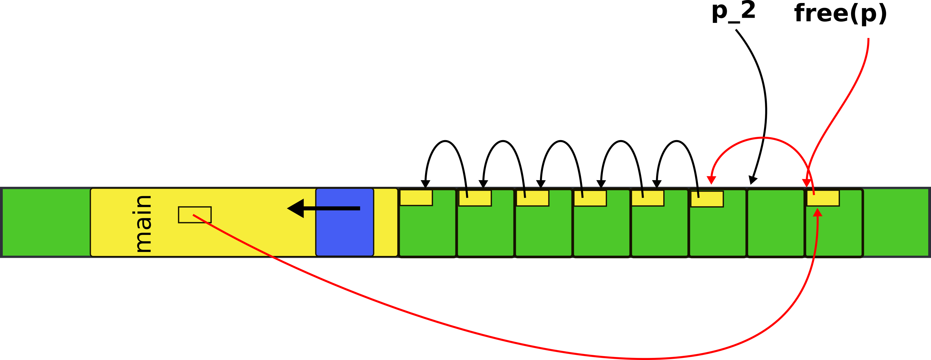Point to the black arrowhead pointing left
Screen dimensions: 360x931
(x=296, y=208)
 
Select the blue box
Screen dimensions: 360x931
(x=344, y=222)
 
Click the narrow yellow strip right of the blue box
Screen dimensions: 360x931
(x=385, y=222)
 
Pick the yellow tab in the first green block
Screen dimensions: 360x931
(x=416, y=198)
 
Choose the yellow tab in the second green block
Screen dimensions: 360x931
(x=475, y=198)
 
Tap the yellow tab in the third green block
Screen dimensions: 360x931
(x=533, y=198)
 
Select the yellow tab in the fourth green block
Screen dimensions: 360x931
(x=590, y=198)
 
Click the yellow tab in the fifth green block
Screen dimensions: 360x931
(x=648, y=198)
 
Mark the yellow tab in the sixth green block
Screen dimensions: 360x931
(x=707, y=199)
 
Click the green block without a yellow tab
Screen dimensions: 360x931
(x=775, y=223)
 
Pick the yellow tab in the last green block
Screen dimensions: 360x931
(x=823, y=198)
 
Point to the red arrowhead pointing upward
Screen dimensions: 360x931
(x=818, y=213)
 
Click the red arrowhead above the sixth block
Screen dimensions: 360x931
(x=711, y=180)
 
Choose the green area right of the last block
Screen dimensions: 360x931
(x=896, y=222)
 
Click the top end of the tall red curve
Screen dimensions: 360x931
(x=868, y=39)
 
